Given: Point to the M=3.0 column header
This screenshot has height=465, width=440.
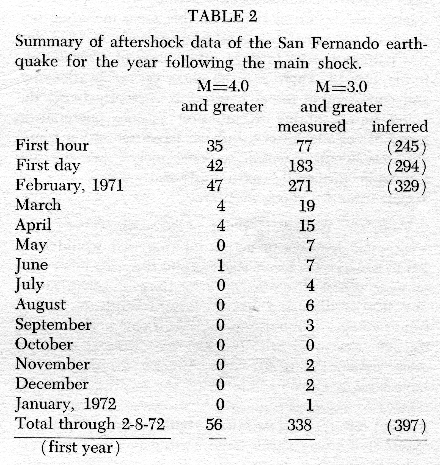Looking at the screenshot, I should [341, 87].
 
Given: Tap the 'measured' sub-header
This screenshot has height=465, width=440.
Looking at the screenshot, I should [312, 127].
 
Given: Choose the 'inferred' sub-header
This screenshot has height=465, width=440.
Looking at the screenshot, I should [400, 127].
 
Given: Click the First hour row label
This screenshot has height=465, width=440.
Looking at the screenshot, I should [52, 145].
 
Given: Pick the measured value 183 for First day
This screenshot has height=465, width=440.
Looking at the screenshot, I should [301, 166].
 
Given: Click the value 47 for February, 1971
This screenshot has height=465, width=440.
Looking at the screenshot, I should [215, 186].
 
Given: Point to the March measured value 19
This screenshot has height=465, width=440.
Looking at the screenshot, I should [307, 206].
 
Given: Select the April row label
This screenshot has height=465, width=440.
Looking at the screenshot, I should [33, 225].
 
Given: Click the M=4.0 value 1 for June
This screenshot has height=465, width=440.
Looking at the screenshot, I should [221, 265].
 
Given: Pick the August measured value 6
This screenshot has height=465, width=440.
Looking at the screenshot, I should [310, 305].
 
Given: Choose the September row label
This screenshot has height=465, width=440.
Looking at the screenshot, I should [53, 324].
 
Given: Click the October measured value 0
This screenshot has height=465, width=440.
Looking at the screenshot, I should [310, 345].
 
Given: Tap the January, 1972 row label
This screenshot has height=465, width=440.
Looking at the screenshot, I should [66, 404].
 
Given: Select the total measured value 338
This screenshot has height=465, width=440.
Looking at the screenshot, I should [300, 425].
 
